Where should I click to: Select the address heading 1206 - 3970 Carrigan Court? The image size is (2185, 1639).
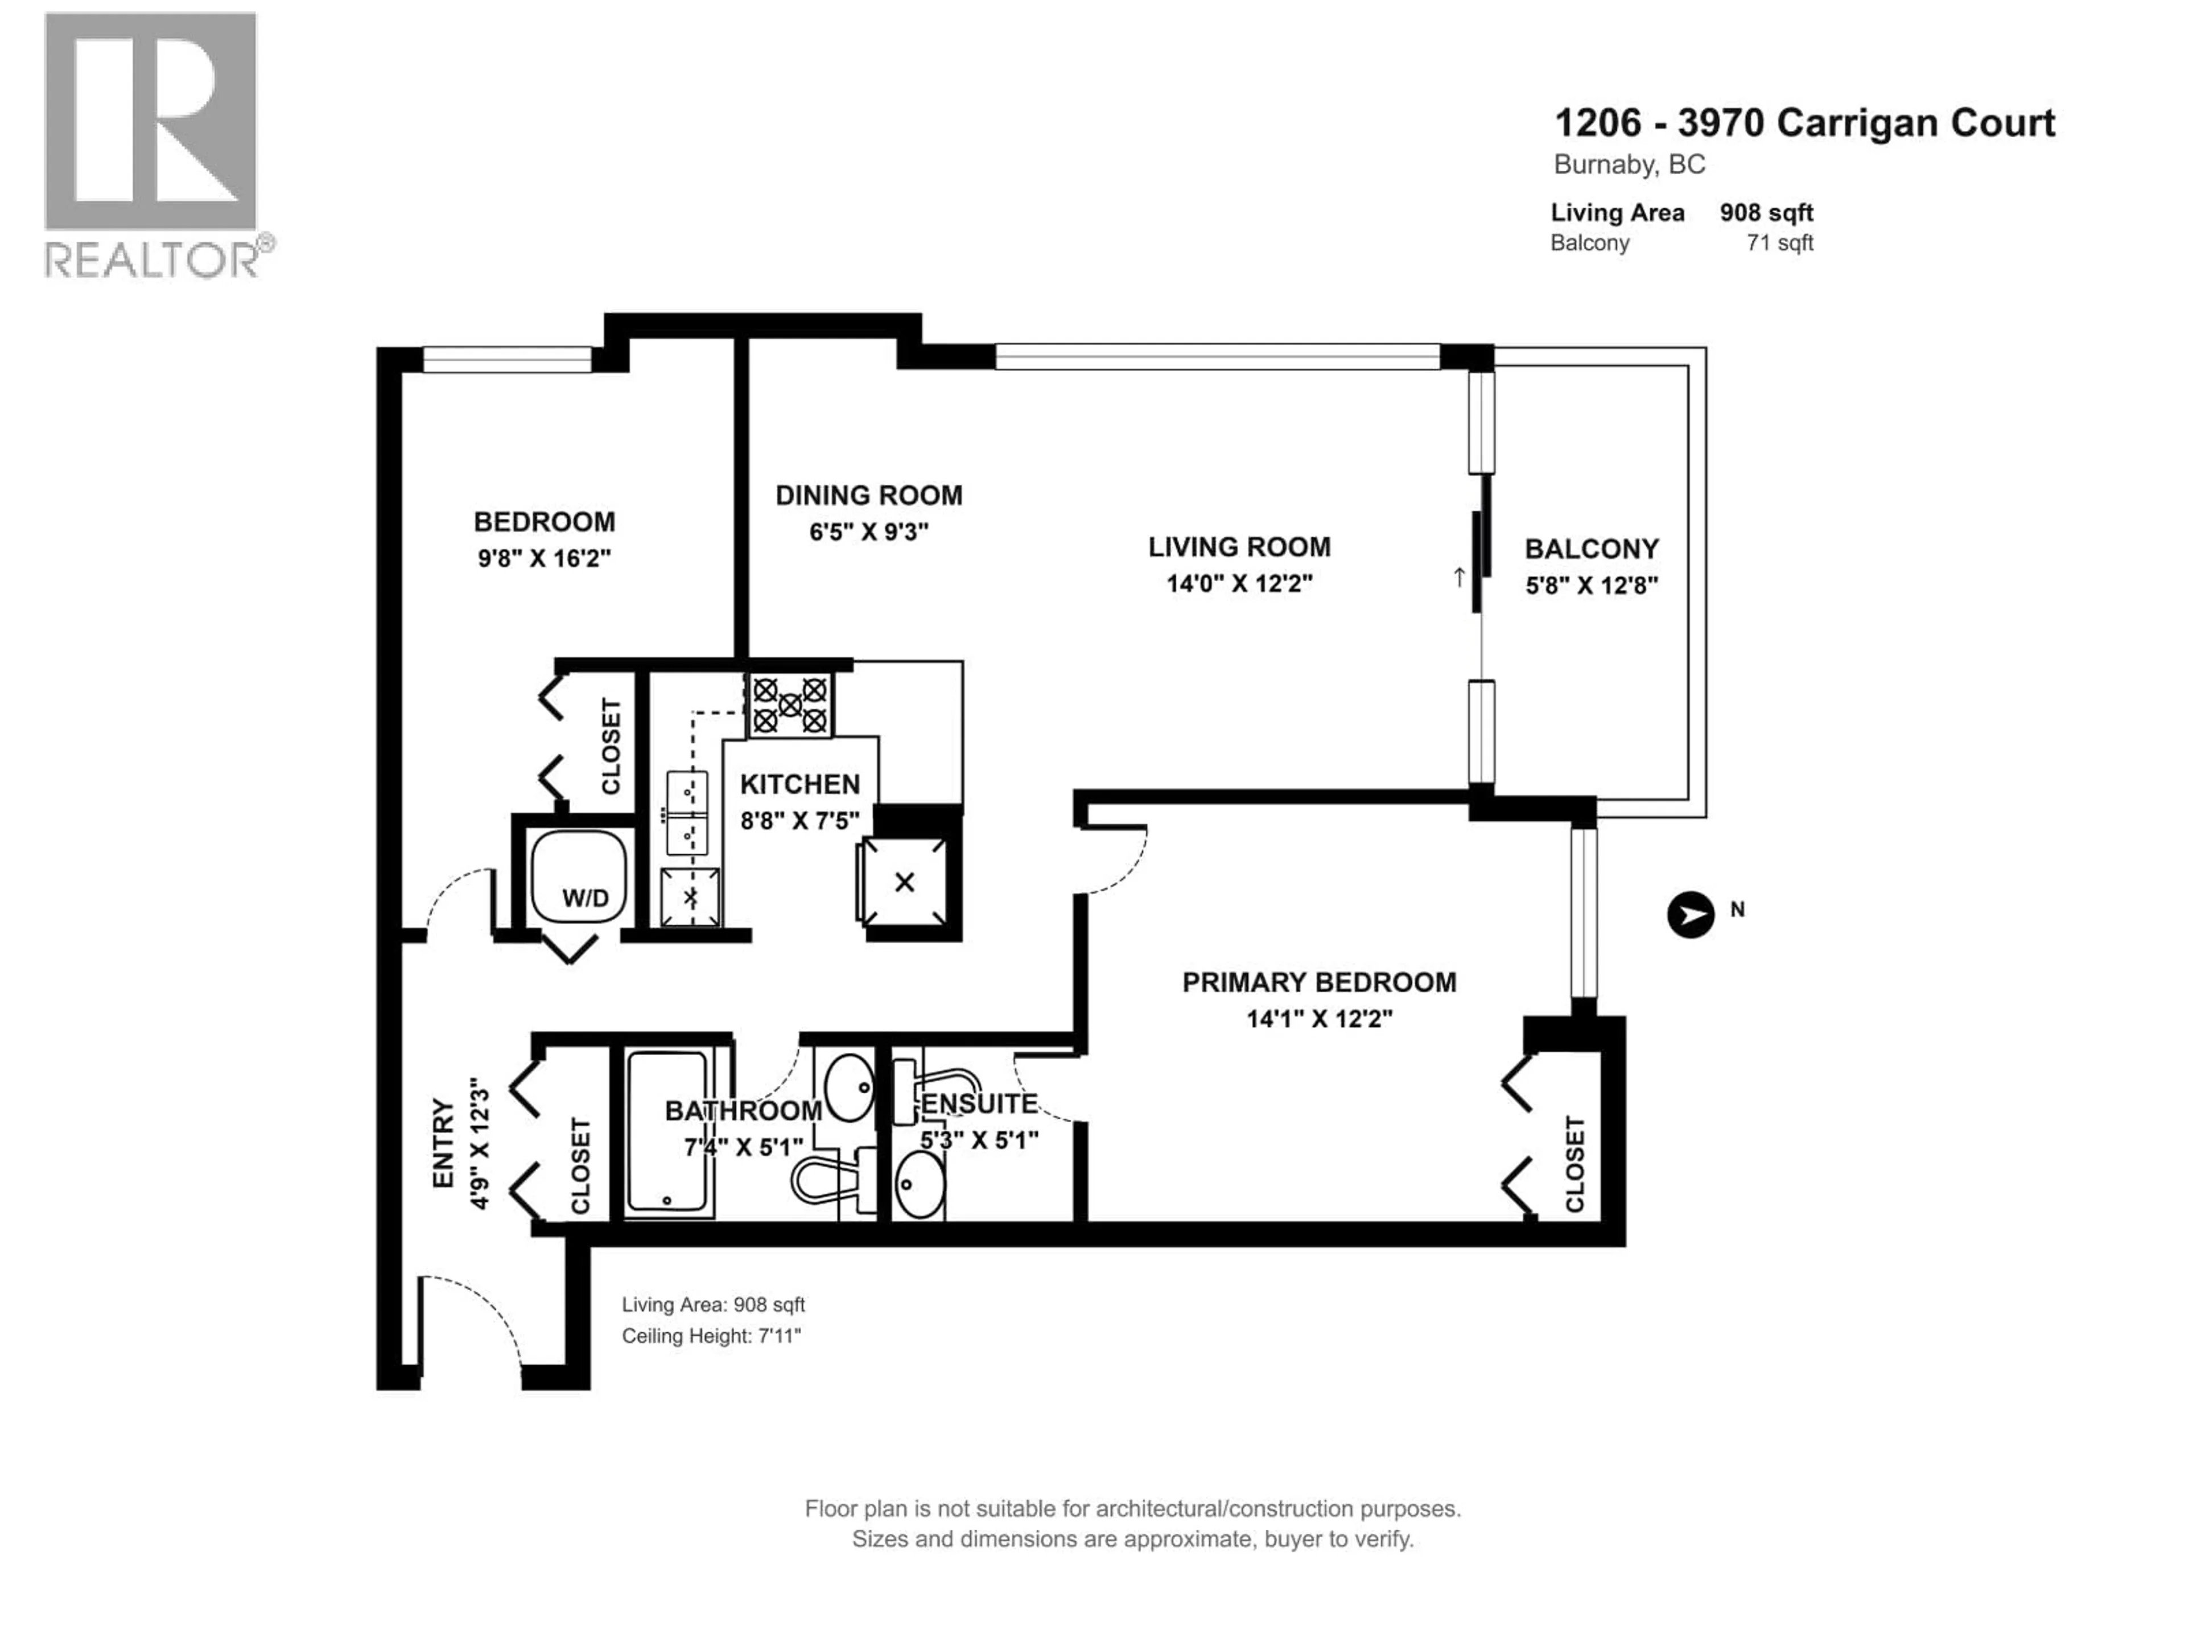click(1804, 123)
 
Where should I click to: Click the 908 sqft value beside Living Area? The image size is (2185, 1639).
click(1766, 212)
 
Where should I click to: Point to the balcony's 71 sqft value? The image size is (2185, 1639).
click(1779, 243)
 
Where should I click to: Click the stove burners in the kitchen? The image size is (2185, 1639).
click(789, 705)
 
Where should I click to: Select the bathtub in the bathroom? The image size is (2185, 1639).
click(669, 1131)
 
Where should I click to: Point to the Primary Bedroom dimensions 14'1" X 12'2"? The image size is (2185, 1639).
click(1319, 1019)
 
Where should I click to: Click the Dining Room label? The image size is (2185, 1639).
click(868, 495)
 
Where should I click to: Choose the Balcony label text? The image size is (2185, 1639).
click(1592, 549)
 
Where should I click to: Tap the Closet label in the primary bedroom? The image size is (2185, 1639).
click(1574, 1164)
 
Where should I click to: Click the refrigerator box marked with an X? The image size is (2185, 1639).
click(904, 882)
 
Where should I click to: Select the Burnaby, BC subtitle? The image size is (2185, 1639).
click(1629, 165)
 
